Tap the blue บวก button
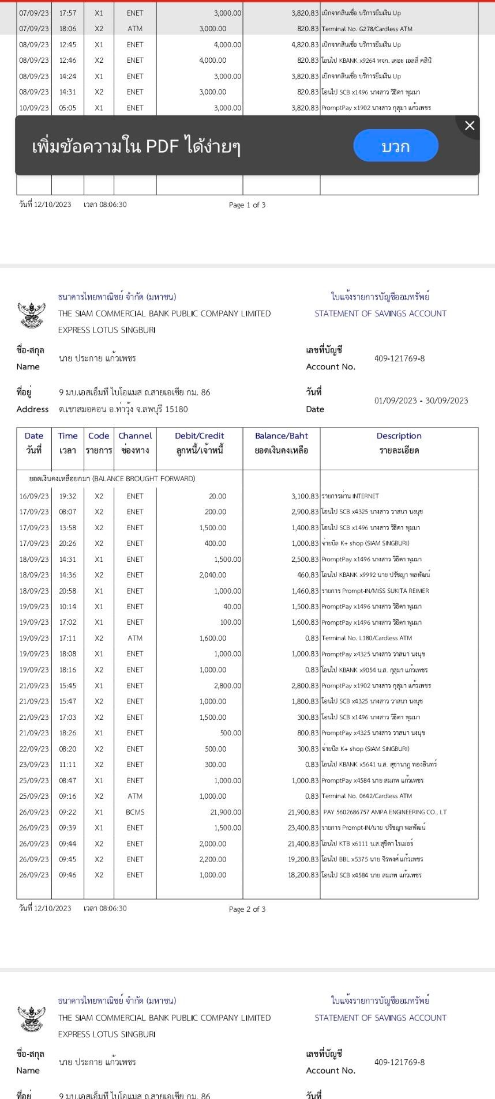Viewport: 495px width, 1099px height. point(396,146)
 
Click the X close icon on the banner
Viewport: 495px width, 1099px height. point(470,126)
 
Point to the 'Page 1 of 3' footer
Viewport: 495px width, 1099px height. point(247,205)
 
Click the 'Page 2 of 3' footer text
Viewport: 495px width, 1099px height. point(247,909)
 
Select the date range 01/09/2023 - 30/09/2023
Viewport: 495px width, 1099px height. point(421,401)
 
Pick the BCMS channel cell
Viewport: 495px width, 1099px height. point(135,812)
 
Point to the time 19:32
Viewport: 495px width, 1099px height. point(67,496)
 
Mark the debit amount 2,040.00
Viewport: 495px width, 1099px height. point(213,575)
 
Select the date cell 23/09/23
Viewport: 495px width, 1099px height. point(34,765)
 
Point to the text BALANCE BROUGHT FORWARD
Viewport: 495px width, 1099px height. point(112,479)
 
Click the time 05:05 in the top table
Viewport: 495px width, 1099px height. point(67,108)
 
